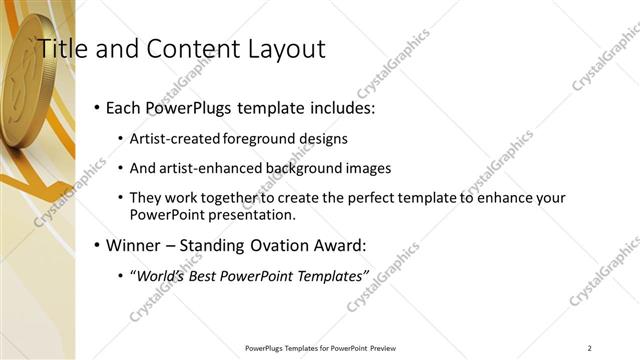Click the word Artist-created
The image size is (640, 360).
tap(177, 138)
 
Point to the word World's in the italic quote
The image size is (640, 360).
tap(161, 275)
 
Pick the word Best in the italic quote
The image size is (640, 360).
tap(207, 275)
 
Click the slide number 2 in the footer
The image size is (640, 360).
tap(589, 347)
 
